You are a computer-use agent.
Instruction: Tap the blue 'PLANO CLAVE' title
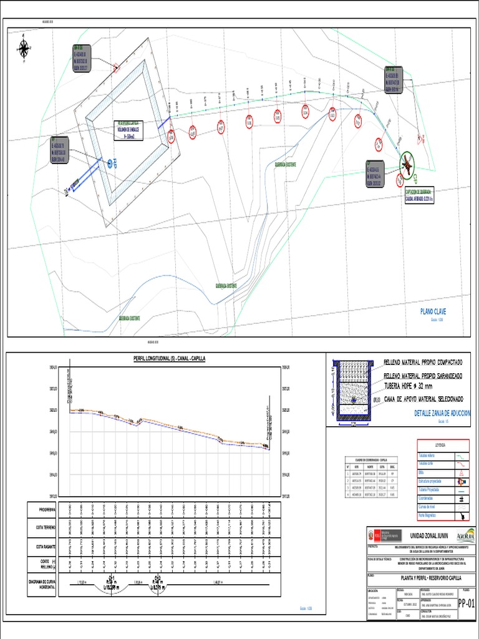(x=433, y=311)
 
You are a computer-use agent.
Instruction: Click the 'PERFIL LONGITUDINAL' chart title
(x=170, y=359)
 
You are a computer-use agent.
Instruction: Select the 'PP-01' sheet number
(x=466, y=603)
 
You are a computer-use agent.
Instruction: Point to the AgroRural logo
(x=465, y=535)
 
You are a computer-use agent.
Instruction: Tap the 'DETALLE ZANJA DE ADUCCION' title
(x=443, y=413)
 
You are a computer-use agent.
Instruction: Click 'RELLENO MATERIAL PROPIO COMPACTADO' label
(x=422, y=363)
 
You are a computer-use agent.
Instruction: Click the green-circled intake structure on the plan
(x=407, y=163)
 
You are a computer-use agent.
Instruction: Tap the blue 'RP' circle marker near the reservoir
(x=110, y=163)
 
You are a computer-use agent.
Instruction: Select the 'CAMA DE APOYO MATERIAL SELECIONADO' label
(x=422, y=398)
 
